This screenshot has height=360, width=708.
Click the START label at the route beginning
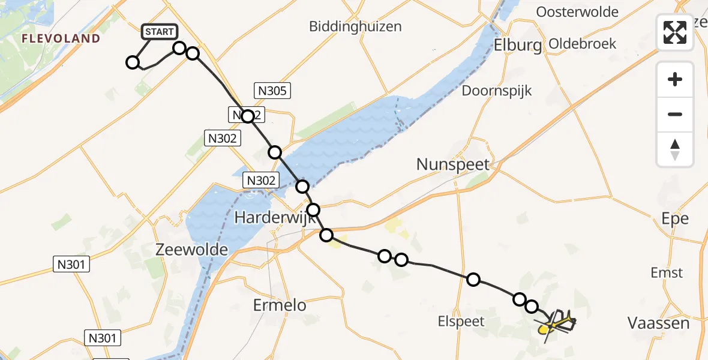(x=159, y=32)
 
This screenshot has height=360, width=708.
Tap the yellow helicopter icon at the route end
(x=554, y=325)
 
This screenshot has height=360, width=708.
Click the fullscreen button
(x=675, y=32)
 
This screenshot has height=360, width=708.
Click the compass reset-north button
(x=675, y=149)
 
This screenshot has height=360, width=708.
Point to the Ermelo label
(x=280, y=305)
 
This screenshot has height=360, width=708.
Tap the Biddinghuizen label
(x=355, y=26)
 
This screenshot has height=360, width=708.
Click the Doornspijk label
(x=497, y=91)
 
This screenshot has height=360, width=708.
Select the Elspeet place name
(x=461, y=321)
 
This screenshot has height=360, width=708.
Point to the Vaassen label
(x=658, y=323)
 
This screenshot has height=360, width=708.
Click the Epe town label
(x=674, y=218)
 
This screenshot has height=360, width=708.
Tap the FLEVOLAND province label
(x=61, y=38)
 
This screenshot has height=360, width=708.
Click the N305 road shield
(x=273, y=91)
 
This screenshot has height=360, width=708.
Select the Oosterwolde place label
(x=577, y=12)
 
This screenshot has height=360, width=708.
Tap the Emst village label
(x=667, y=273)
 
